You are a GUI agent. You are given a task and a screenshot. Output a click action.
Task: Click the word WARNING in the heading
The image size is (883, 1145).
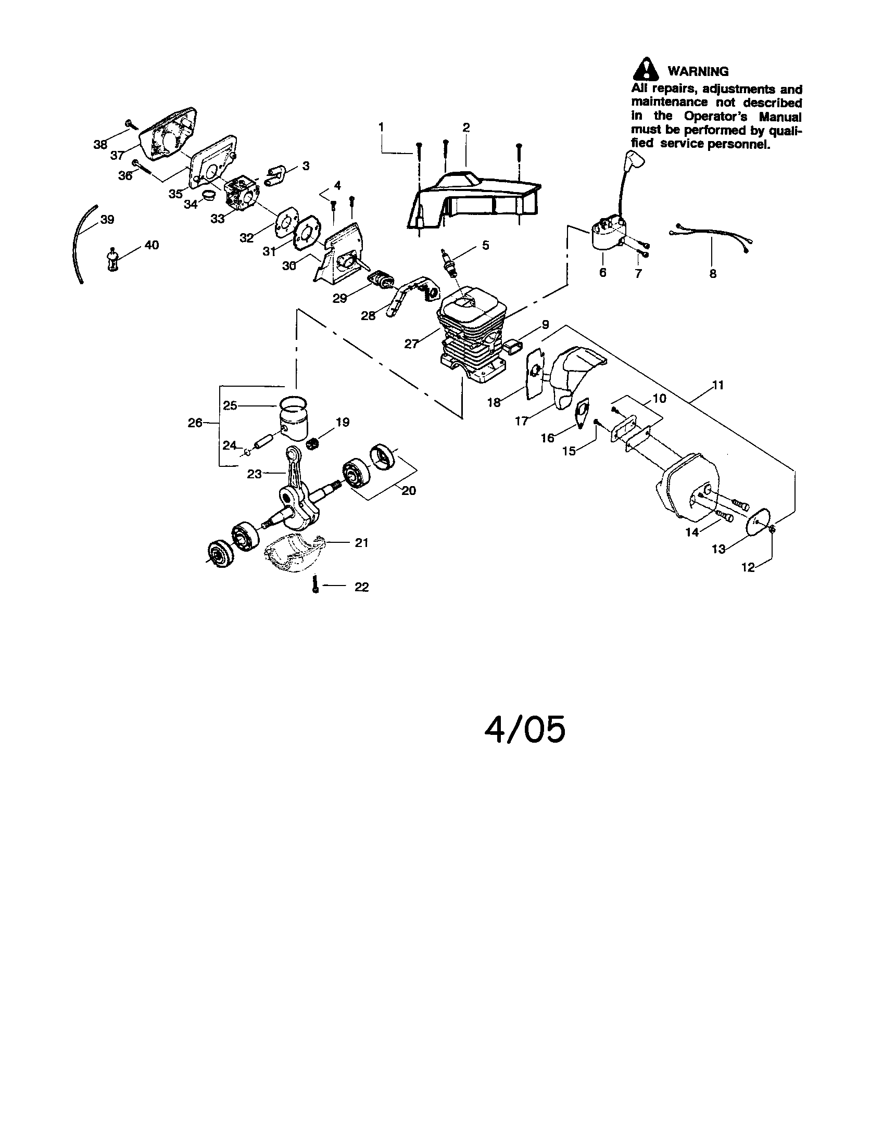coord(697,71)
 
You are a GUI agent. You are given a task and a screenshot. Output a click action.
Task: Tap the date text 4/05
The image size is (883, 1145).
coord(524,730)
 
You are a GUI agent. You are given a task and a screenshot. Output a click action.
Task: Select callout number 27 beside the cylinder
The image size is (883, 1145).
coord(411,344)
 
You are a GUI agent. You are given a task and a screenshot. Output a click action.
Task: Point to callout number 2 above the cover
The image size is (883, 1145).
coord(465,128)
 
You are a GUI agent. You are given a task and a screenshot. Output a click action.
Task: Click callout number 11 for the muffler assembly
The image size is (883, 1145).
coord(718,385)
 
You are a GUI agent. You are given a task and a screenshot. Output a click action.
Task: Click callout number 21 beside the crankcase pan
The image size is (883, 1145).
coord(361,543)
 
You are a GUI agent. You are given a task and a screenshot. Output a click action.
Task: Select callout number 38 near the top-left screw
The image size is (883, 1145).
coord(100,145)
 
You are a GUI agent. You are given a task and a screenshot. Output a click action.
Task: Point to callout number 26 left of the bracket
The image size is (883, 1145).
coord(195,423)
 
